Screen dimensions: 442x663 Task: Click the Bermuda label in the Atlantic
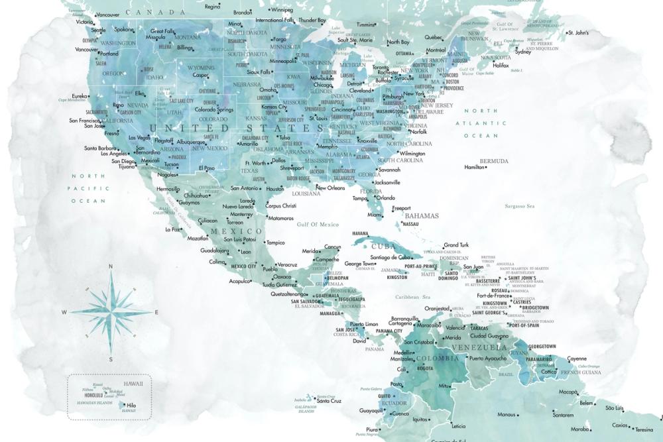494,161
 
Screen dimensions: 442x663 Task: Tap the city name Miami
375,215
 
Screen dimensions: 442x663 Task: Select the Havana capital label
360,234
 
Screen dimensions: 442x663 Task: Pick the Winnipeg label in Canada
282,10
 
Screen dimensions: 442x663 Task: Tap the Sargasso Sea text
520,207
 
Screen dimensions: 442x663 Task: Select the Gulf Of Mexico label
318,225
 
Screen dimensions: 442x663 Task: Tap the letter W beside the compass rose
64,311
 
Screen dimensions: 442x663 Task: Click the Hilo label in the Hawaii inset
131,406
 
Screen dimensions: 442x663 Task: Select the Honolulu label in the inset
90,396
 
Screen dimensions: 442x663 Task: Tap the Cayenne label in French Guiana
577,359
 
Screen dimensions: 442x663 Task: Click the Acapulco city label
239,281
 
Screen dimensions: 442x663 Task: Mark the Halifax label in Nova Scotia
501,66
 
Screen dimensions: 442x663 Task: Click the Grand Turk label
456,245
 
